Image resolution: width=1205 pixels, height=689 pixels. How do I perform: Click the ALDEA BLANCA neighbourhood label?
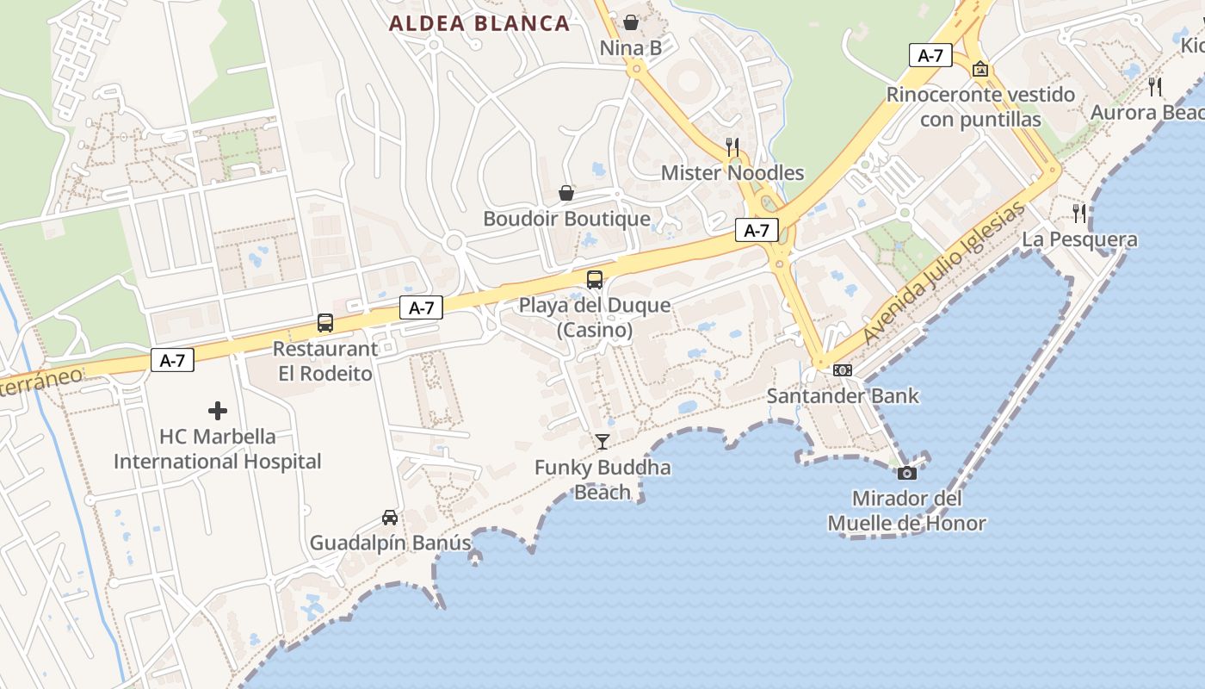point(479,23)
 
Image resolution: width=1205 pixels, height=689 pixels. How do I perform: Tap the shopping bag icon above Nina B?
point(631,22)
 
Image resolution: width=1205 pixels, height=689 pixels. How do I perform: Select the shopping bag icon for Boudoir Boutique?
point(566,193)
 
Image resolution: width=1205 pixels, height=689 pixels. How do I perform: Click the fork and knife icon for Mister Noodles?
point(732,146)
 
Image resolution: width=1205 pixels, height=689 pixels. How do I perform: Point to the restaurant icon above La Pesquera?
point(1079,213)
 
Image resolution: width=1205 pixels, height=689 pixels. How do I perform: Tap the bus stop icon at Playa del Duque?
point(595,279)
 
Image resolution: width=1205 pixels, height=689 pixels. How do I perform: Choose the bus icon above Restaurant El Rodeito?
point(325,323)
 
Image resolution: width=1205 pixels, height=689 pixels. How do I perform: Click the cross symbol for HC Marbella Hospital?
point(218,411)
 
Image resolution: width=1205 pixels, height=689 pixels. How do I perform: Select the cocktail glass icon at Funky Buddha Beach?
point(602,442)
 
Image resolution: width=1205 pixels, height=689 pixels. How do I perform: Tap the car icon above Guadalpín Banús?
point(390,517)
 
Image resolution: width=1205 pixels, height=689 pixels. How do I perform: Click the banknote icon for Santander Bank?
point(843,369)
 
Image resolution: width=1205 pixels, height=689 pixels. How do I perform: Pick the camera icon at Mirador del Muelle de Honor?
point(907,473)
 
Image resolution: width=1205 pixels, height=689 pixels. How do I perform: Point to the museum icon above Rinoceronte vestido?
point(979,69)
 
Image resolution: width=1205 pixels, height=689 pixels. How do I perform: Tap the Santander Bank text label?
point(843,396)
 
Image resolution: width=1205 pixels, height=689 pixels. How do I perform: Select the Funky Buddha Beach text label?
point(602,480)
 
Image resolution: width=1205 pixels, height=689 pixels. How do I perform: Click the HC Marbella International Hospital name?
point(218,449)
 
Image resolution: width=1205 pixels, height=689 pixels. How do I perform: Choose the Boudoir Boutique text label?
point(566,219)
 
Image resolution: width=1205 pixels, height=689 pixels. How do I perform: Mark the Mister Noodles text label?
point(732,173)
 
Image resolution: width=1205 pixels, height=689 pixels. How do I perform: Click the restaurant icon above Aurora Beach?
point(1155,86)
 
